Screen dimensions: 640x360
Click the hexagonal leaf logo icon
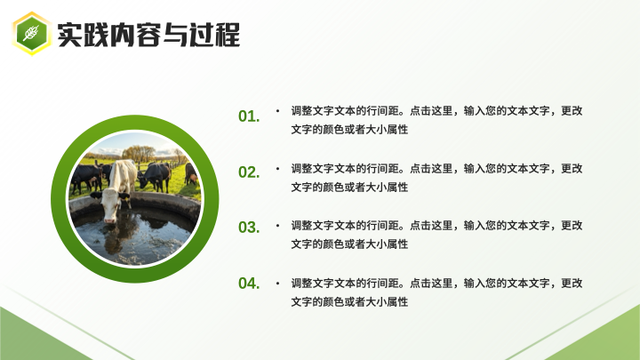pos(32,34)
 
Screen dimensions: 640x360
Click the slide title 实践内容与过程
pos(148,35)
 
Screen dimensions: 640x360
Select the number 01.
pos(249,116)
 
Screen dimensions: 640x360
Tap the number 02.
pos(249,172)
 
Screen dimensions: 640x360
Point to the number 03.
pos(249,228)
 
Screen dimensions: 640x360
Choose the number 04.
pos(249,284)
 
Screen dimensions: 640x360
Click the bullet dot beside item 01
pos(277,110)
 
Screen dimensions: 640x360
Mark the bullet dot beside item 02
pos(277,168)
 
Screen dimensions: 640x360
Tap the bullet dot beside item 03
pos(277,225)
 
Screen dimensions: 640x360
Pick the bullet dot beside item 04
pos(277,283)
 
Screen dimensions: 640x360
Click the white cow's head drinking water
pos(110,206)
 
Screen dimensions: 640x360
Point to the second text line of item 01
pos(349,130)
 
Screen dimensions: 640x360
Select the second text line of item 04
pos(349,302)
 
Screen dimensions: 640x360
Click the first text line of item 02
pos(436,168)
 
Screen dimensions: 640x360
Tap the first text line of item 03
pos(436,225)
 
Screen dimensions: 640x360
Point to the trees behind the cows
pos(139,154)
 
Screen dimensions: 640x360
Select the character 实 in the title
pos(70,35)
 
